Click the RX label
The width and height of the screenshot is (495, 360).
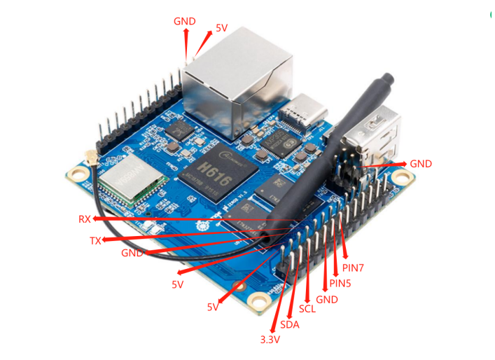point(84,219)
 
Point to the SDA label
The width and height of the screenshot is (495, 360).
point(289,325)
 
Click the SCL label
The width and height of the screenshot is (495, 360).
point(307,309)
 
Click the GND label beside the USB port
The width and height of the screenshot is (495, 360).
point(421,164)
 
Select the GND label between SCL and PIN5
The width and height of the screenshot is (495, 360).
point(327,299)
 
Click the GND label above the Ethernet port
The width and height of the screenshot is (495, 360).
point(185,21)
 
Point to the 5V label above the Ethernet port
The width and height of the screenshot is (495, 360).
point(221,28)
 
